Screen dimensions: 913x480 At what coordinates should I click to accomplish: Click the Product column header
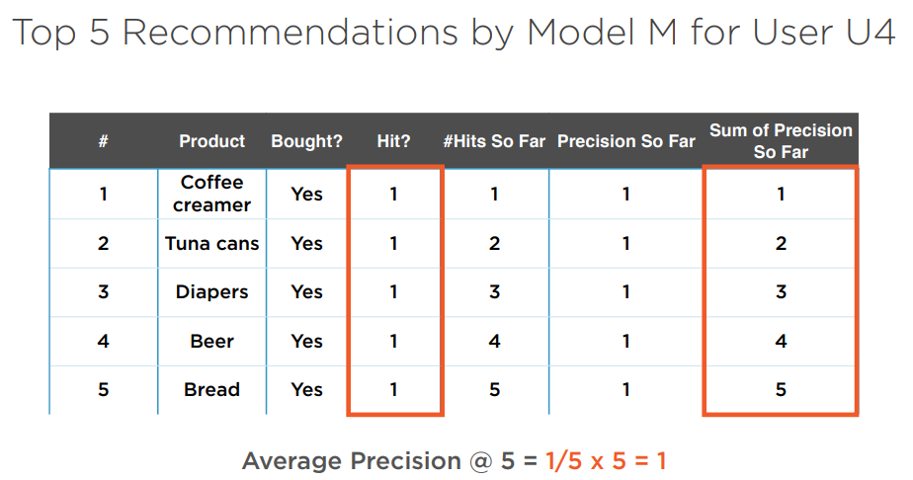pos(211,141)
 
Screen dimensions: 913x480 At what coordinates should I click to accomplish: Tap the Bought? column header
pos(307,141)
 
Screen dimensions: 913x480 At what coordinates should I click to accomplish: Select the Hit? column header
pos(393,141)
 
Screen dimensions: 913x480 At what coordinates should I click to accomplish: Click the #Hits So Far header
pos(494,141)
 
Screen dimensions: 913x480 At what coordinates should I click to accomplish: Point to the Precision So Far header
pos(625,141)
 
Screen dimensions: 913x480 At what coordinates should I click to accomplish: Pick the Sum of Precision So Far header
pos(781,141)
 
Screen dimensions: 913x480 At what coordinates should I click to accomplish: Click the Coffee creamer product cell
pos(211,194)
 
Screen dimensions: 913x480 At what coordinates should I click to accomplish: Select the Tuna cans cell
pos(211,243)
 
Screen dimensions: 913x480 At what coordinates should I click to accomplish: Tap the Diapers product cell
pos(211,292)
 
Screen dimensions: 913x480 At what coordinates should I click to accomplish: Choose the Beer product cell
pos(211,341)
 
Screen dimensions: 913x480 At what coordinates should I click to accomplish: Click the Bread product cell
pos(211,390)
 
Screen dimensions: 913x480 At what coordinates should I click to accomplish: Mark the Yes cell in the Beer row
pos(307,341)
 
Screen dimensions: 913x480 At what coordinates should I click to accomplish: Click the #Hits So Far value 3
pos(494,292)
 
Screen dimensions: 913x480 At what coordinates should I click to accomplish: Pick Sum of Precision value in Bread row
pos(781,390)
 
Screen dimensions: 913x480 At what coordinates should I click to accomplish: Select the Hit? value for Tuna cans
pos(393,243)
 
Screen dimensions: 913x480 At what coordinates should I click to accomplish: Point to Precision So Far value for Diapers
pos(625,292)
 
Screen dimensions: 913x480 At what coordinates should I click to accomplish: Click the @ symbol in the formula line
pos(481,461)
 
